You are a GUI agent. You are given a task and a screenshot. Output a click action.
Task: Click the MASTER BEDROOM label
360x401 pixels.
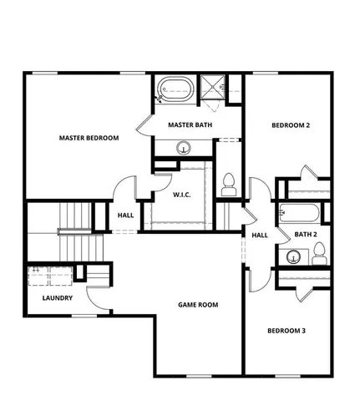tap(89, 138)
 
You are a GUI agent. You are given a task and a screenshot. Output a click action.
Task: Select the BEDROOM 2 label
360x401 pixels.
tap(291, 125)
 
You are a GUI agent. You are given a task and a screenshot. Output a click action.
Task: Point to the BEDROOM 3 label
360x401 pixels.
tap(286, 331)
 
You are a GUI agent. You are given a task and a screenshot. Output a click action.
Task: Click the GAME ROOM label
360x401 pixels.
tap(198, 305)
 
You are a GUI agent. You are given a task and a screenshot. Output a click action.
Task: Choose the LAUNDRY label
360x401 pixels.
tap(57, 297)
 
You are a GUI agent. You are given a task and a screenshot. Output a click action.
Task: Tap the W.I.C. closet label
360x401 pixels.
tap(184, 195)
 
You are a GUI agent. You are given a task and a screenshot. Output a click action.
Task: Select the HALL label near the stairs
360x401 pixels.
tap(126, 216)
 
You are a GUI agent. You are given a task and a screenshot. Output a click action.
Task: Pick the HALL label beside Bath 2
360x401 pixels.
tap(260, 236)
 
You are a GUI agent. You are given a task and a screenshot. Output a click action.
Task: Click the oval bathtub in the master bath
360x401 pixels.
tap(175, 88)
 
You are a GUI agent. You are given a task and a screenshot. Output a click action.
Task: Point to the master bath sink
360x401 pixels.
tap(183, 148)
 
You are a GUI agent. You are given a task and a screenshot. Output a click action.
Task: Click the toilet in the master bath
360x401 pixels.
tap(228, 182)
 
